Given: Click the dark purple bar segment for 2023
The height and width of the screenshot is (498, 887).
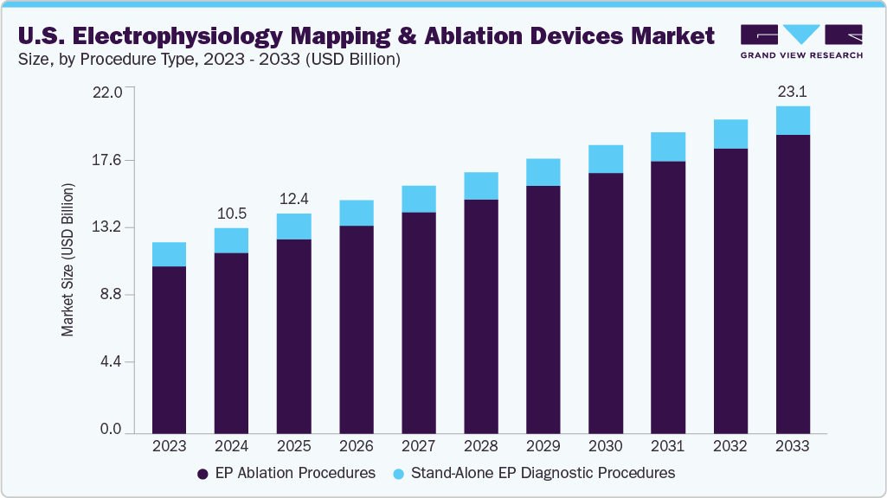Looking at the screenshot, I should point(169,349).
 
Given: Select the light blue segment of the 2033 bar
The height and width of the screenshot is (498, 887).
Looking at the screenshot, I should point(793,120).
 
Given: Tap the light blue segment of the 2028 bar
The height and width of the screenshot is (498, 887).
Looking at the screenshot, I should point(481,186).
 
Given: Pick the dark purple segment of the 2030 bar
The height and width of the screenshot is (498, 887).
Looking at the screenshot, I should point(606,303).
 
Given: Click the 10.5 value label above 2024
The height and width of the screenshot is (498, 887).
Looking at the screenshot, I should point(231,214).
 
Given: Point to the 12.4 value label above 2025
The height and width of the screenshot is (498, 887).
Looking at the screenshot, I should point(293,200).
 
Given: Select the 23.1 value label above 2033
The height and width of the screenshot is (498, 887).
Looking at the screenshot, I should point(793,91).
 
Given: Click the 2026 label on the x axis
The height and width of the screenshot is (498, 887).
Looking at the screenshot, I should point(357,446).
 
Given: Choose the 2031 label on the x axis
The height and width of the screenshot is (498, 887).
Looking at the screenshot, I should point(668,446).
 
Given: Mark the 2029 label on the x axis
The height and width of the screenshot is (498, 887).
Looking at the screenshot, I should point(543,446).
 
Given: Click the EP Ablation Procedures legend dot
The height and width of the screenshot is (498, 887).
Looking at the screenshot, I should point(202,474).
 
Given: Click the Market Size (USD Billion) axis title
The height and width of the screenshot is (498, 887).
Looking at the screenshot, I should point(67,260).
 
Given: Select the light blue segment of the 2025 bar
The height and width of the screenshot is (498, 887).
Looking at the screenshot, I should point(293,227).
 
